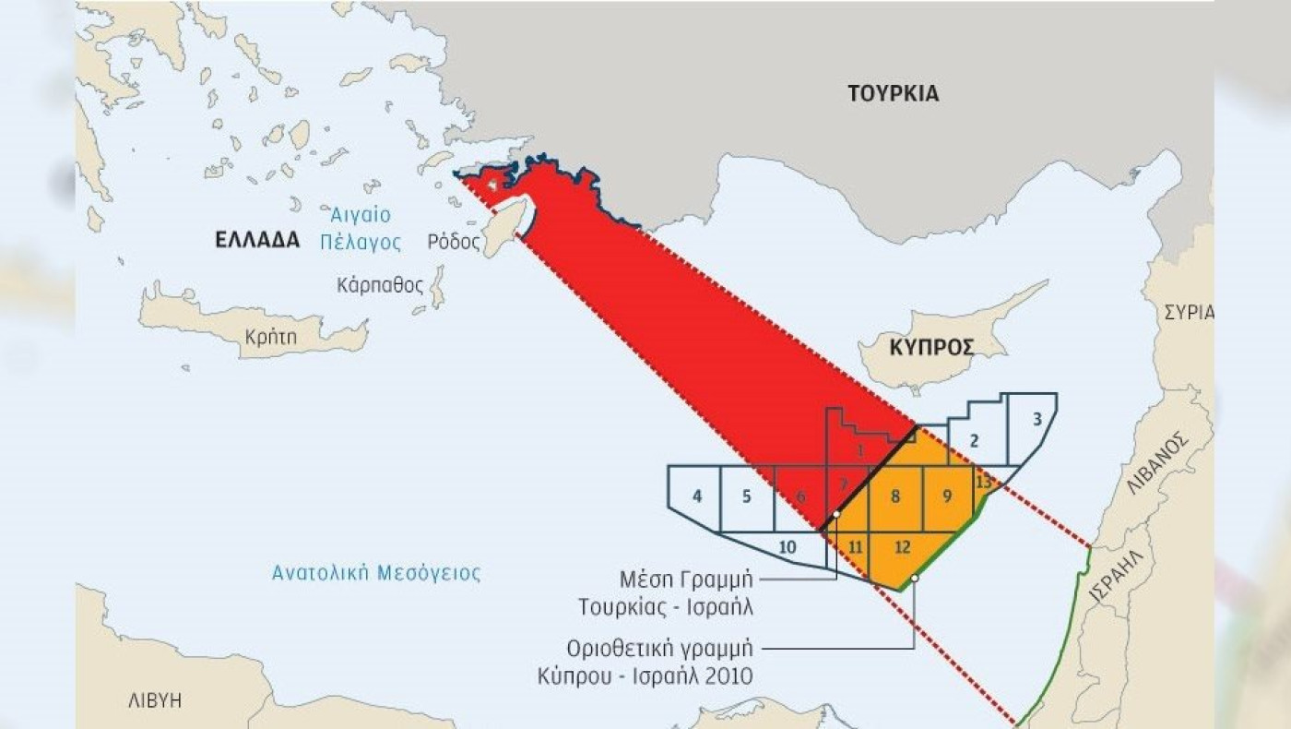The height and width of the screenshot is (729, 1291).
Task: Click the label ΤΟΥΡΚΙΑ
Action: point(893,93)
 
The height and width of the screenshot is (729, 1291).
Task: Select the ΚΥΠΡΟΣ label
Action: point(932,348)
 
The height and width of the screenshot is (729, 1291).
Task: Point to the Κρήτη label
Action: point(271,338)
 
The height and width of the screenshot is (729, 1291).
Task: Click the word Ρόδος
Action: point(454,243)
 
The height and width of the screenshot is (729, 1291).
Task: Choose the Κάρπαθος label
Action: point(381,284)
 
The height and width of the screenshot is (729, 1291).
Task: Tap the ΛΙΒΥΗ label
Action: point(155,700)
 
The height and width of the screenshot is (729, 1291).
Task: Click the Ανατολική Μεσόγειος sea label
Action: point(376,573)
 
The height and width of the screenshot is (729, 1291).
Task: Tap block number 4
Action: point(697,496)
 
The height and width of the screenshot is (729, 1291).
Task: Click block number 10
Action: point(787,547)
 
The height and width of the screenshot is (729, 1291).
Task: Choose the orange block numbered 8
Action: point(894,496)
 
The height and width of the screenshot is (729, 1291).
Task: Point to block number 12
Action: point(902,548)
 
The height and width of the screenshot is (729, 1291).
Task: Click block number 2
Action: point(974,439)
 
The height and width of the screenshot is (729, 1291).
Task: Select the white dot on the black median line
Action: point(835,514)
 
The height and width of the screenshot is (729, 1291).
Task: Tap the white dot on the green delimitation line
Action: point(914,579)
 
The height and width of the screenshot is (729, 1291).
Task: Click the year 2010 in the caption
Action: point(728,676)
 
